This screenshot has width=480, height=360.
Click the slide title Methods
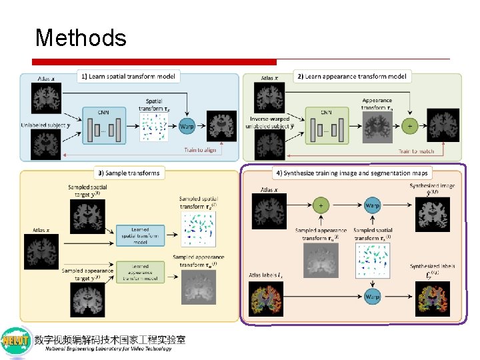click(x=81, y=37)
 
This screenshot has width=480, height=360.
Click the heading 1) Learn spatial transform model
click(x=128, y=77)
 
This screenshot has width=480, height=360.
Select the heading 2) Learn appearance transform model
click(x=351, y=77)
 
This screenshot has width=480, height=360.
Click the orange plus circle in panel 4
click(x=321, y=205)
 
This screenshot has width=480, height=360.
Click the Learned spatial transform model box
click(x=139, y=234)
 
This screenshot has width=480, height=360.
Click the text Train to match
click(x=417, y=151)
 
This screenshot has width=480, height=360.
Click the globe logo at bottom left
click(x=17, y=341)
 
